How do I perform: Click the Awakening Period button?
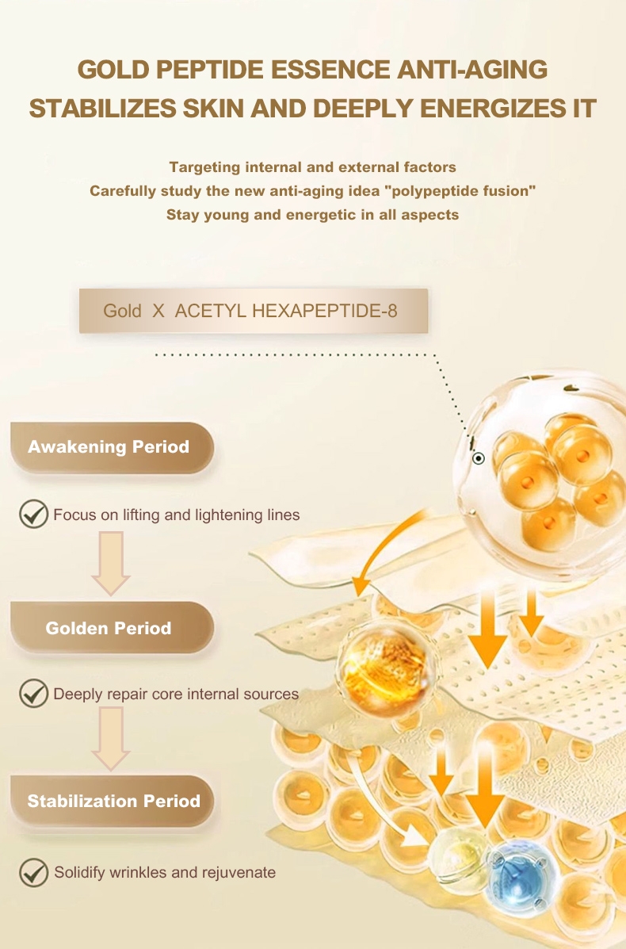click(x=112, y=447)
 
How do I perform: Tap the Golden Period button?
click(x=112, y=628)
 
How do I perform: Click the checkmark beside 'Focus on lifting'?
click(x=34, y=515)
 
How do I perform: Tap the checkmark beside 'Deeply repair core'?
click(x=34, y=693)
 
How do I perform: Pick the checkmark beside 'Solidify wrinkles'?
click(x=34, y=872)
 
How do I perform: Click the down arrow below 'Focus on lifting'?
click(x=111, y=564)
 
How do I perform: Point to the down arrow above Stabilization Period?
click(x=111, y=739)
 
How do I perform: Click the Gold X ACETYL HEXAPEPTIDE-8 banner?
click(x=254, y=311)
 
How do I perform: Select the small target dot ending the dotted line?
click(x=479, y=459)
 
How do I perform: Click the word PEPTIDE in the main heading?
click(x=211, y=70)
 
